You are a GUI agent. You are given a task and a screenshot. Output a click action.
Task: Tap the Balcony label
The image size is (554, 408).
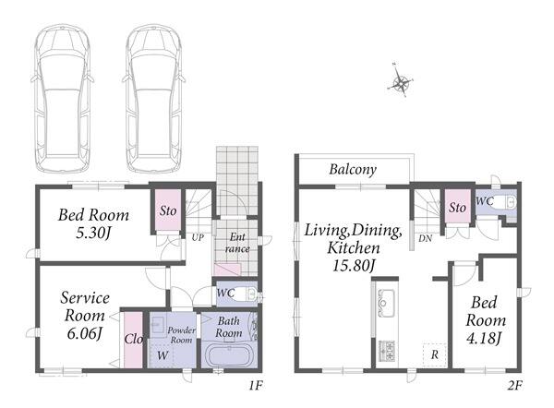(353, 170)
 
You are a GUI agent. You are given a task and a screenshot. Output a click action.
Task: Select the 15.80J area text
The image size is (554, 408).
(354, 266)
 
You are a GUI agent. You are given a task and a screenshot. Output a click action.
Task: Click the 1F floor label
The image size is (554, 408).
(255, 386)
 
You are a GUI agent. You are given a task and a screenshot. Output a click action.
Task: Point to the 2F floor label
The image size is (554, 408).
(515, 386)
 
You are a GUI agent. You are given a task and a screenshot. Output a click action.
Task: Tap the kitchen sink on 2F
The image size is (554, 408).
(386, 303)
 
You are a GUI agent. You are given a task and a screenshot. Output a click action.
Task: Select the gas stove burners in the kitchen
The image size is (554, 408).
(387, 350)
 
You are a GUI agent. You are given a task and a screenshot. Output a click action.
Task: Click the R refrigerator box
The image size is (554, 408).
(435, 354)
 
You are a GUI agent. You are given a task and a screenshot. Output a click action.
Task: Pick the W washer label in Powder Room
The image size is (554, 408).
(163, 355)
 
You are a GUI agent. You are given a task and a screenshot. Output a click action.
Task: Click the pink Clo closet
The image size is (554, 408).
(133, 340)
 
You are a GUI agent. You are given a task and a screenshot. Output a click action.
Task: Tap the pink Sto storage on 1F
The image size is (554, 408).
(168, 210)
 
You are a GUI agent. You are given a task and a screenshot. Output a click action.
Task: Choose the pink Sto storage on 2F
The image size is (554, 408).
(458, 207)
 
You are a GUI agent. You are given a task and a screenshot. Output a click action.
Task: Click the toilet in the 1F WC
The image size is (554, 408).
(244, 294)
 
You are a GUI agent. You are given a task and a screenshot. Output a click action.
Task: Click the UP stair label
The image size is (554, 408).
(198, 238)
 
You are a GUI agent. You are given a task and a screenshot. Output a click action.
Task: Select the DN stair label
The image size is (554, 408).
(426, 239)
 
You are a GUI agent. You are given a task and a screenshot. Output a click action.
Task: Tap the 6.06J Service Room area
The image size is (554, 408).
(84, 333)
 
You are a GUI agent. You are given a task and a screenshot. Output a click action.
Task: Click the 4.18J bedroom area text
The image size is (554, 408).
(484, 339)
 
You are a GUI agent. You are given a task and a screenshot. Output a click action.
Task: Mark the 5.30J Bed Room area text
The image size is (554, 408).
(93, 233)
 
